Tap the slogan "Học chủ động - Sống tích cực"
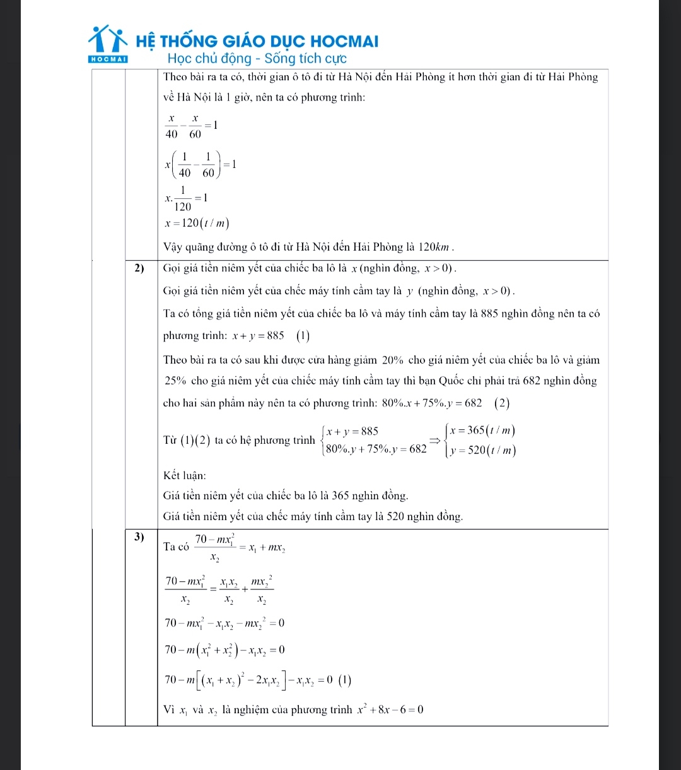[257, 59]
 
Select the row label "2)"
[140, 268]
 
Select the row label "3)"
[140, 537]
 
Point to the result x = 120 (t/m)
[197, 223]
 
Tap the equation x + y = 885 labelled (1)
[258, 336]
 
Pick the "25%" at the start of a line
[175, 381]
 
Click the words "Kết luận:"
[185, 475]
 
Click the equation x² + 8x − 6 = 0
[388, 710]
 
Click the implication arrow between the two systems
[434, 441]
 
